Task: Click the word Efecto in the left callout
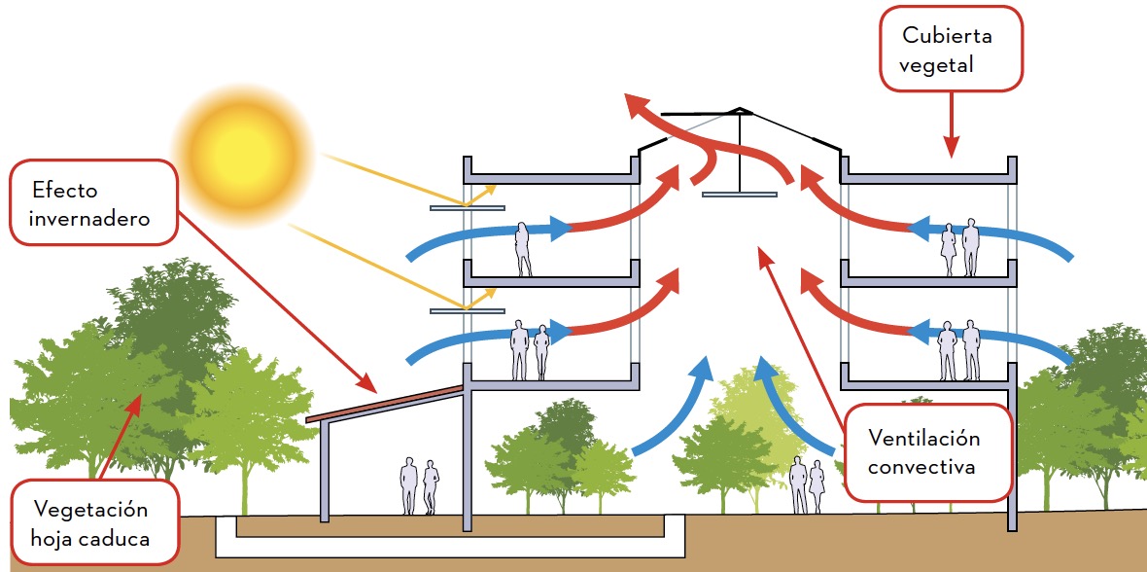64,190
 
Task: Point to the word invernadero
90,218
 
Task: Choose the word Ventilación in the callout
924,439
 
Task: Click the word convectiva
921,467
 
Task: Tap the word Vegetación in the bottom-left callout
90,509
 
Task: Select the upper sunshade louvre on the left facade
467,207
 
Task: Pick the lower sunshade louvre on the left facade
467,311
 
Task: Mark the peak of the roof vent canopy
741,108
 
